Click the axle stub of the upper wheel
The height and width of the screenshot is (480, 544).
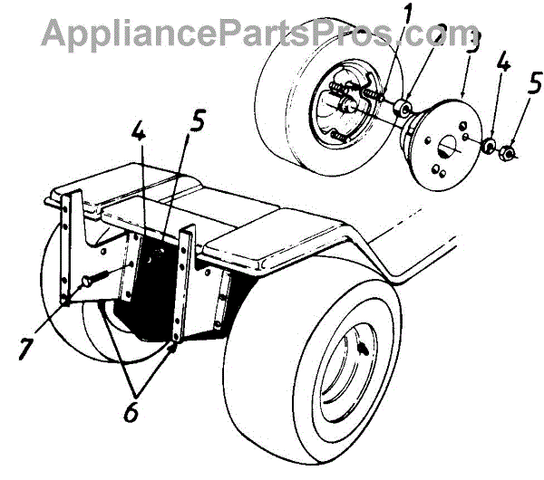tap(348, 107)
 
